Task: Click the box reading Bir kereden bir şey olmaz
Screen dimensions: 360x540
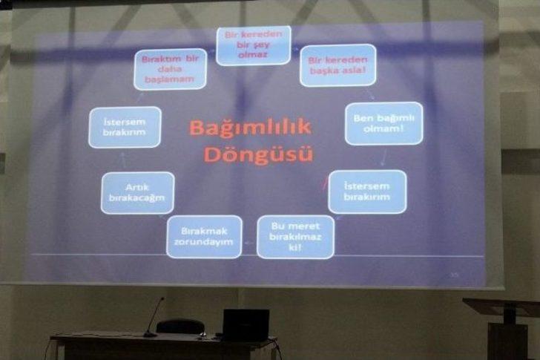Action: pos(254,45)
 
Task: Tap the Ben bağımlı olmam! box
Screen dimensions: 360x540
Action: pos(383,123)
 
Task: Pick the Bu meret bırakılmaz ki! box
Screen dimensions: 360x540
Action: pos(295,236)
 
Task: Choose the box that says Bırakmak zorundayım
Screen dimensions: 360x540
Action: pos(203,236)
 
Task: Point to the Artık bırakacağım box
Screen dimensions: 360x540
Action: pos(137,192)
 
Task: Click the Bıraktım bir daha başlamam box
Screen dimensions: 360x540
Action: pos(170,69)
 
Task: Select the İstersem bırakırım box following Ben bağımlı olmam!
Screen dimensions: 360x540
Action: pos(367,192)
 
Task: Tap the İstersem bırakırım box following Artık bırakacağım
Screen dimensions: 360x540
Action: pos(125,127)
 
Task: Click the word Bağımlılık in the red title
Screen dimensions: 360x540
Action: pos(250,128)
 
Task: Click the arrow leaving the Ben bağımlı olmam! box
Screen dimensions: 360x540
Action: pos(383,157)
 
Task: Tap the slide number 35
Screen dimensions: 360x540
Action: pos(455,275)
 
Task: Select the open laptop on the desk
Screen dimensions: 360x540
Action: pos(246,325)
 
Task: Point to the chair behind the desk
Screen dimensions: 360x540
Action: pos(180,327)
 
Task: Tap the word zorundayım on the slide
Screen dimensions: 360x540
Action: pos(203,243)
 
